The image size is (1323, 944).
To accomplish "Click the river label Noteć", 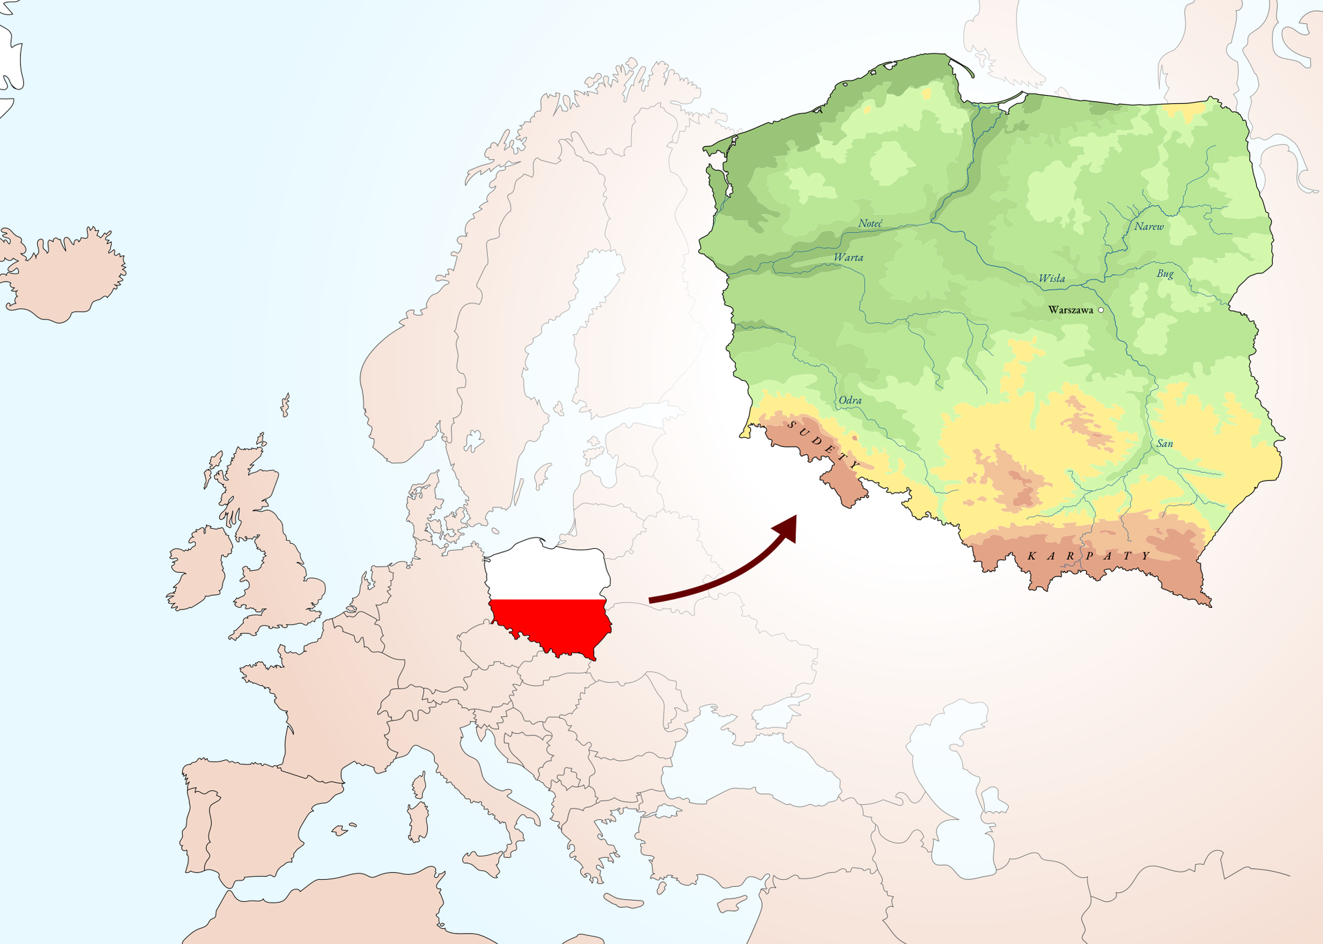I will [x=870, y=224].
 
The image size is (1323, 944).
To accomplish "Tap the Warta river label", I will [x=848, y=258].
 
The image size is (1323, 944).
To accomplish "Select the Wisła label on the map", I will [x=1052, y=279].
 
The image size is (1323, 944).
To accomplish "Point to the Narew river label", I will [x=1149, y=227].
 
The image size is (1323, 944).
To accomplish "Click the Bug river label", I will [x=1165, y=274].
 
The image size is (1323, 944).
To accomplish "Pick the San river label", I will [x=1165, y=444].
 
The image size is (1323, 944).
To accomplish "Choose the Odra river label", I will [x=850, y=400].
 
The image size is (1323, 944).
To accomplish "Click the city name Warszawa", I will [x=1070, y=311].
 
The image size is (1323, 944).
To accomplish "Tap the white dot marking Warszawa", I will [x=1100, y=311].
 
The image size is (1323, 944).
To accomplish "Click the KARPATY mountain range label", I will [x=1089, y=556].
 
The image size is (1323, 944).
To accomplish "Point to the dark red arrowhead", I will [x=787, y=528].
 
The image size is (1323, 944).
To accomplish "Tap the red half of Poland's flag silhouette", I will [x=551, y=623].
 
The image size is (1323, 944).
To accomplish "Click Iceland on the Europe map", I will [x=65, y=275].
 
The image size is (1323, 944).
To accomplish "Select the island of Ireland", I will [x=200, y=568].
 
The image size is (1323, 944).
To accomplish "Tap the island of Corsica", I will [x=419, y=785].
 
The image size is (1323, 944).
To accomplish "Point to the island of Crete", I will [x=624, y=901].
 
